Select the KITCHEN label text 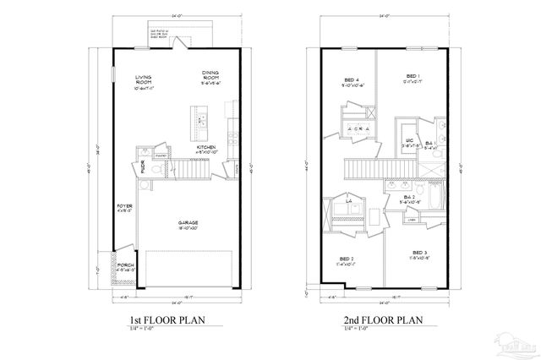click(x=207, y=147)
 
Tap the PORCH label click(x=125, y=265)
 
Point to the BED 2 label click(x=347, y=259)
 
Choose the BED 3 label click(x=420, y=253)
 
